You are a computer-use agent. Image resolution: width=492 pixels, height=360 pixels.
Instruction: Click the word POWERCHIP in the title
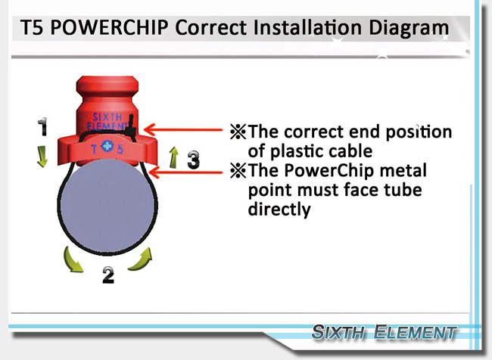tap(109, 27)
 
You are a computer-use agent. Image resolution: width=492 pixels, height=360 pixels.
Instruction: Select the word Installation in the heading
tap(308, 27)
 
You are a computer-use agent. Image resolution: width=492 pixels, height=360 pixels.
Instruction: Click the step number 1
tap(42, 127)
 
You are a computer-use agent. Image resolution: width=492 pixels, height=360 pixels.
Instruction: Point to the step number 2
tap(108, 275)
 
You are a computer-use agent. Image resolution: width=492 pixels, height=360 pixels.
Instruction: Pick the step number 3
tap(193, 160)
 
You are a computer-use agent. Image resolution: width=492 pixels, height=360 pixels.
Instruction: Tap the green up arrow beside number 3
tap(173, 157)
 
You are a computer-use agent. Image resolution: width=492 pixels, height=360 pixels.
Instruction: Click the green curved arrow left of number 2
tap(73, 259)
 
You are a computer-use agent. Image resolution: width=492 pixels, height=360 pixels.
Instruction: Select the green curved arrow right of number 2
tap(141, 259)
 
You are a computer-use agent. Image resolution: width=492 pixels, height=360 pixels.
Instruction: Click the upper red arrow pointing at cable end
tap(183, 129)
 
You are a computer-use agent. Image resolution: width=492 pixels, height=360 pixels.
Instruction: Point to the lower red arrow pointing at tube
tap(185, 172)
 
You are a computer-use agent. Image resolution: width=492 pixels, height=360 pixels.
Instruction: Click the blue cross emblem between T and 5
tap(107, 147)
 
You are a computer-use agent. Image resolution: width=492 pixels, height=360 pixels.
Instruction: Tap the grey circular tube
tap(107, 206)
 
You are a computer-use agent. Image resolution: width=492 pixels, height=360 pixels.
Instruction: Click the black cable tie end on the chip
tap(131, 126)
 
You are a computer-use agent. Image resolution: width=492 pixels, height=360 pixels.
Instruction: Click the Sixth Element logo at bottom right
tap(384, 332)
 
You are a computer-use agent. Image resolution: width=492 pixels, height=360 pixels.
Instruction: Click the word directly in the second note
tap(279, 209)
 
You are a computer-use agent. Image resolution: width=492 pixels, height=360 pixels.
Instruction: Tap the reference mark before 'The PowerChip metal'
tap(238, 171)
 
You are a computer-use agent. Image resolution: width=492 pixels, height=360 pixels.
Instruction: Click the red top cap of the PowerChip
tap(107, 85)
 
